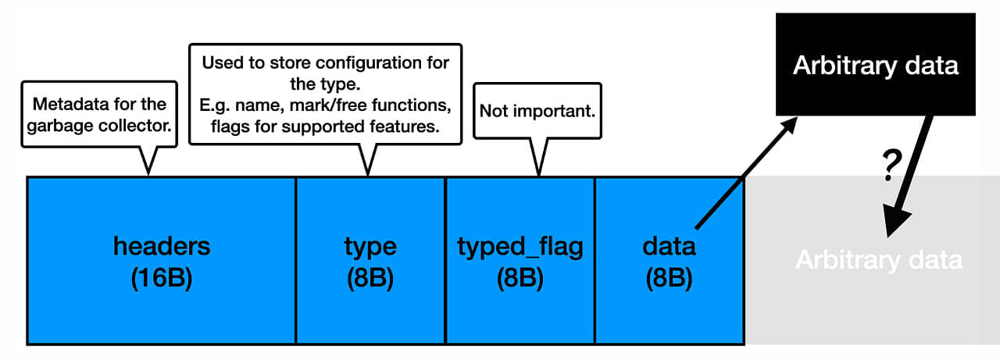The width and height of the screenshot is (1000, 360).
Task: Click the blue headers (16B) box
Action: point(161,261)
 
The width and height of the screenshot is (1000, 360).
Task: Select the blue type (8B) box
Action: point(370,261)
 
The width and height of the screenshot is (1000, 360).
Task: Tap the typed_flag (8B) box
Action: point(520,261)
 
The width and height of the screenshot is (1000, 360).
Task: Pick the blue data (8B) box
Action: point(670,261)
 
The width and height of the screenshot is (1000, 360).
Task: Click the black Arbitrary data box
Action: point(876,64)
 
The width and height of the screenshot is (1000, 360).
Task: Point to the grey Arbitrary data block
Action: point(873,260)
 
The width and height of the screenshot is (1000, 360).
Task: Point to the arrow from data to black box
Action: point(746,173)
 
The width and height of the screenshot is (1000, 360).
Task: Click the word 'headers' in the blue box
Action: point(162,246)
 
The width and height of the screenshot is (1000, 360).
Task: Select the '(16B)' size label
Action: point(162,278)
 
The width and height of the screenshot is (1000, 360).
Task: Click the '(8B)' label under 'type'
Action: point(370,278)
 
